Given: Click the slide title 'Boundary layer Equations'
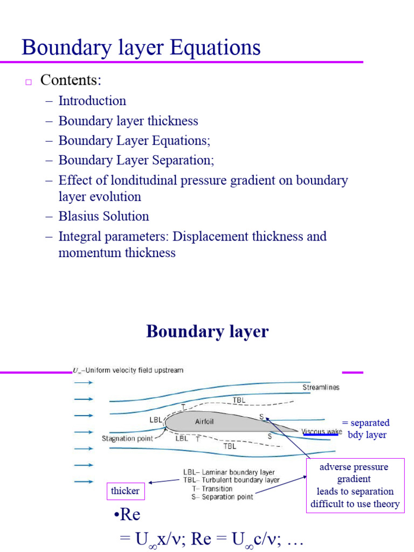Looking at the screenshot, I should pos(141,47).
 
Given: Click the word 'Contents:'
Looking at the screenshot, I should pos(71,80).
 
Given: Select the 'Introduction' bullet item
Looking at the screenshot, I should pos(92,101).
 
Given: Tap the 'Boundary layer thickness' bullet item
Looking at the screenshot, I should pos(128,121).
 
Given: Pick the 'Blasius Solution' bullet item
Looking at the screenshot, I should pos(103,217).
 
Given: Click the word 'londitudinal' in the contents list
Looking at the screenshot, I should pos(149,180).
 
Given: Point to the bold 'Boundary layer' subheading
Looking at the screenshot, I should pos(207,331).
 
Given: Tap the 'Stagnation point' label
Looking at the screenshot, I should pos(128,439).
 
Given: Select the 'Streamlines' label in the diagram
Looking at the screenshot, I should pos(321,387).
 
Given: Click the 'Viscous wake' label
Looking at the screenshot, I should pos(321,432).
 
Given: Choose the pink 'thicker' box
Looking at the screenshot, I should pos(125,491).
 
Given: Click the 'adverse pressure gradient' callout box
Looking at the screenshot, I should pos(355,485).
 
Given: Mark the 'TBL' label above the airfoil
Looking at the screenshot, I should pos(239,401).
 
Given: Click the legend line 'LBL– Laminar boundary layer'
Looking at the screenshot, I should pos(229,472).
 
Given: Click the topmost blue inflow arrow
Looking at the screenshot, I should pos(83,382).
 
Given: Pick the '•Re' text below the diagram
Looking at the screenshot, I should pos(127,515).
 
